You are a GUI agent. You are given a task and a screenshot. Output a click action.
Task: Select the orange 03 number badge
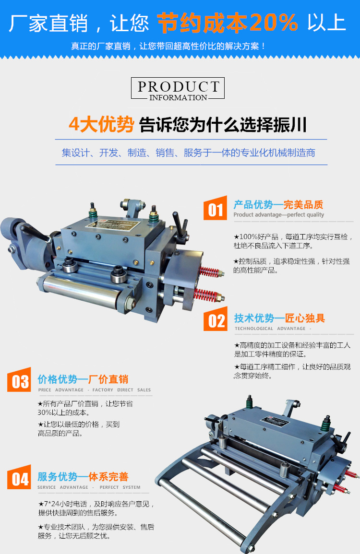(x=20, y=381)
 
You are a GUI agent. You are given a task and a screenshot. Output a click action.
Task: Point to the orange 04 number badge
(x=20, y=478)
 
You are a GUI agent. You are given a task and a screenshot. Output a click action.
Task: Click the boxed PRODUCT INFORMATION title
(x=178, y=89)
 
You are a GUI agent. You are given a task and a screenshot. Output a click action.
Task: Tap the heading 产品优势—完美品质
(x=278, y=205)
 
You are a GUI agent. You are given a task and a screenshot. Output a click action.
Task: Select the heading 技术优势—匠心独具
(x=279, y=318)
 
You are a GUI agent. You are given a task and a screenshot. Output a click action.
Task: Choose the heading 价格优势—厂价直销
(x=83, y=379)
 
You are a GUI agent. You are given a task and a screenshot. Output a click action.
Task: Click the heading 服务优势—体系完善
(x=83, y=477)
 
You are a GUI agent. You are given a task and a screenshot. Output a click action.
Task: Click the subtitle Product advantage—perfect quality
(x=278, y=215)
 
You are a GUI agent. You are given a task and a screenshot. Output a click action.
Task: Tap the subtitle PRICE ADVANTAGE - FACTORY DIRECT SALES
(x=94, y=390)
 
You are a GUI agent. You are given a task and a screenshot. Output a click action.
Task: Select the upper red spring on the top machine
(x=210, y=272)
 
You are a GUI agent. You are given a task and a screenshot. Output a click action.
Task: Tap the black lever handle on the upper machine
(x=181, y=226)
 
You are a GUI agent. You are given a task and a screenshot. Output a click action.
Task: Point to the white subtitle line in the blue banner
(x=168, y=47)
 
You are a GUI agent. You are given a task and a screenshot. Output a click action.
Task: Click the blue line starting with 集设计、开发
(x=188, y=153)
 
